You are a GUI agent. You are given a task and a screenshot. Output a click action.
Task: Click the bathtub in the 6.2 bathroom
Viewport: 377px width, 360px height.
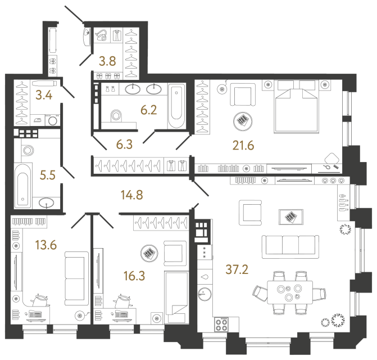click(176, 105)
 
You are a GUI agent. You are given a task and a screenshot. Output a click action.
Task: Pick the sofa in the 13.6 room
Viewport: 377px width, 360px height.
click(76, 278)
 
